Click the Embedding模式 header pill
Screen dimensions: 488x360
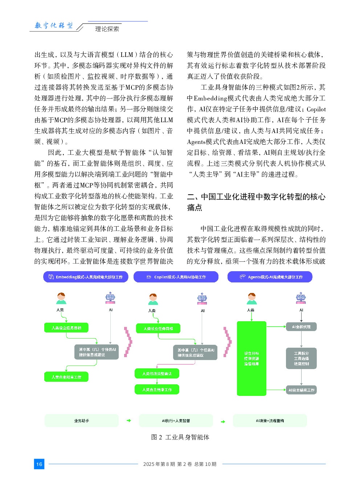pyautogui.click(x=86, y=277)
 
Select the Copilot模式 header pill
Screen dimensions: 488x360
pyautogui.click(x=176, y=277)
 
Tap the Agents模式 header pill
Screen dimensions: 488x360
pyautogui.click(x=270, y=277)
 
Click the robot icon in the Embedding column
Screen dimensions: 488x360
pyautogui.click(x=110, y=298)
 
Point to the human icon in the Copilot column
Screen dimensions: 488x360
pyautogui.click(x=154, y=299)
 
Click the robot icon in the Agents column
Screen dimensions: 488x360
pyautogui.click(x=301, y=298)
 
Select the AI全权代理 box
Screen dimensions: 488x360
pyautogui.click(x=301, y=327)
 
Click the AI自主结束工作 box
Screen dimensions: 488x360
pyautogui.click(x=301, y=390)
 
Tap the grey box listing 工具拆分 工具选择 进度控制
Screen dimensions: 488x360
pyautogui.click(x=301, y=359)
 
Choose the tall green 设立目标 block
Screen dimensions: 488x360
pyautogui.click(x=251, y=358)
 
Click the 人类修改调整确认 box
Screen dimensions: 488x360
pyautogui.click(x=157, y=373)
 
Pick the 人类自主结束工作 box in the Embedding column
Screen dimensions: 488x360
pyautogui.click(x=66, y=377)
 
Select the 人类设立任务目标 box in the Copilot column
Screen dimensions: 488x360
pyautogui.click(x=158, y=328)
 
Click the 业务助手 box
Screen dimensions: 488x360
pyautogui.click(x=82, y=421)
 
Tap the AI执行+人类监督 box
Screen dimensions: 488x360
pyautogui.click(x=176, y=421)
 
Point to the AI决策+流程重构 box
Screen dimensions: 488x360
pyautogui.click(x=270, y=421)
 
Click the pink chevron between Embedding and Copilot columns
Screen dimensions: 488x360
pyautogui.click(x=128, y=342)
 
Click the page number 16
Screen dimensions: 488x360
pyautogui.click(x=39, y=464)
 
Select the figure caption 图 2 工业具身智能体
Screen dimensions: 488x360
pyautogui.click(x=180, y=437)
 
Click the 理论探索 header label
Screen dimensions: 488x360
pyautogui.click(x=107, y=29)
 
